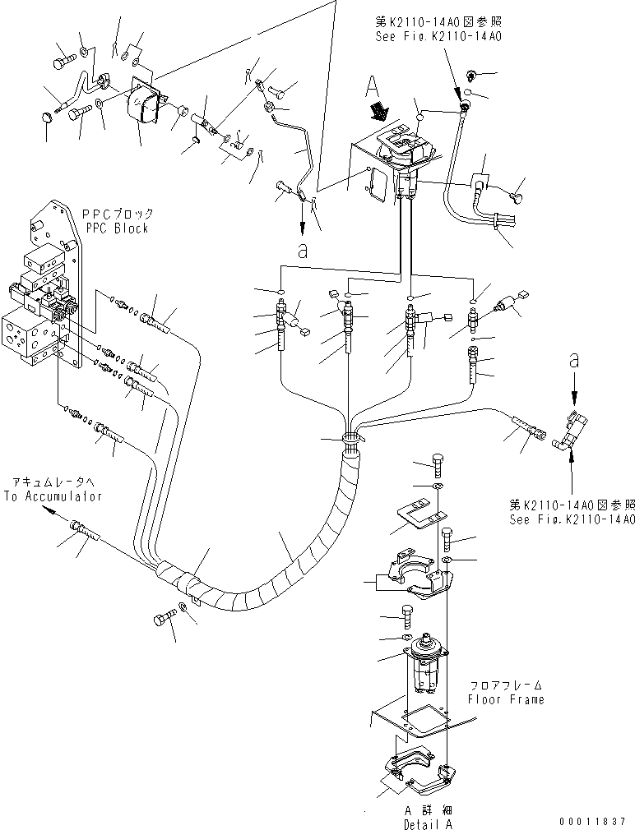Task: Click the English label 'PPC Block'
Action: pyautogui.click(x=115, y=228)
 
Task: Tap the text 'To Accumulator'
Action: pyautogui.click(x=53, y=496)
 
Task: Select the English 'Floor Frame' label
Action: pyautogui.click(x=506, y=699)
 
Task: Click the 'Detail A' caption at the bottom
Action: pyautogui.click(x=427, y=823)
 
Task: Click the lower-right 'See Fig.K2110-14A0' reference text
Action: pyautogui.click(x=572, y=519)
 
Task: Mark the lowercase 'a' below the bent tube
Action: pyautogui.click(x=303, y=251)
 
